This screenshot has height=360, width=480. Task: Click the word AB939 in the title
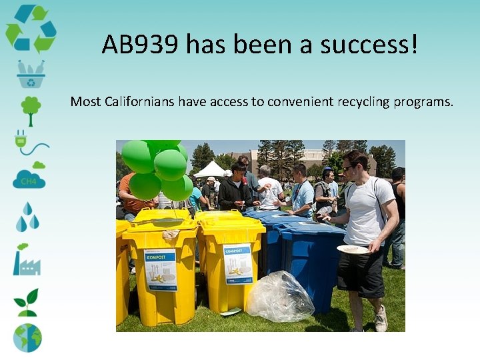tap(141, 45)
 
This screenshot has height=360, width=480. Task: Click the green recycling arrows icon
tap(31, 28)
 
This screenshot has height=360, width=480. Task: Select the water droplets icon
tap(27, 217)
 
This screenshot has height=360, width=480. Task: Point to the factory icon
tap(27, 259)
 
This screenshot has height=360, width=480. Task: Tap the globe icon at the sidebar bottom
tap(27, 337)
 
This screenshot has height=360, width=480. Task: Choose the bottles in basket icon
tap(31, 73)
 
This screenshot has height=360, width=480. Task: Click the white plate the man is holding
tap(353, 249)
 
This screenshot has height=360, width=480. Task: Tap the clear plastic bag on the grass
tap(280, 297)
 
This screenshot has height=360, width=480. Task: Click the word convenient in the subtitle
tap(298, 102)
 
